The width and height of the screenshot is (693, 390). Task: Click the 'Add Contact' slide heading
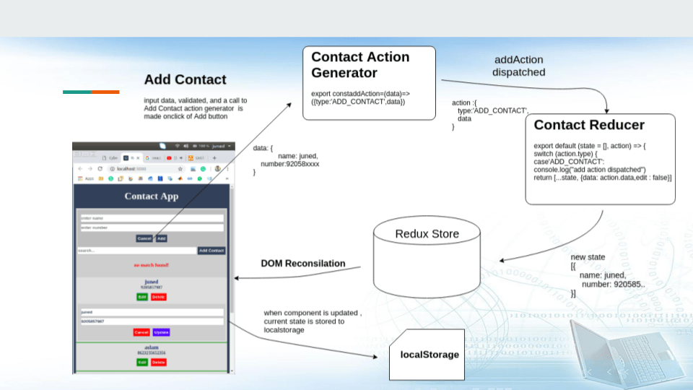coord(185,79)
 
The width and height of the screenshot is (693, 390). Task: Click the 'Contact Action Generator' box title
coord(360,64)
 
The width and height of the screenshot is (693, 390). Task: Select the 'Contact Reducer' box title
coord(589,125)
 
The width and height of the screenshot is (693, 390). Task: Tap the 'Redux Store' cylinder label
coord(427,234)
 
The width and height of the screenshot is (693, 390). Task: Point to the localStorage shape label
coord(430,355)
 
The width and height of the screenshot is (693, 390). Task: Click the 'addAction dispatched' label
coord(518,66)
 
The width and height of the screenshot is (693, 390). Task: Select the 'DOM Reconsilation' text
coord(302,264)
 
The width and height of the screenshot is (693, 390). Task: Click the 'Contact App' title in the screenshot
coord(151,196)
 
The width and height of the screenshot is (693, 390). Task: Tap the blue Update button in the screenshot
coord(161,332)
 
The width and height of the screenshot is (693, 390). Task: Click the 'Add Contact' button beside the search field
coord(212,251)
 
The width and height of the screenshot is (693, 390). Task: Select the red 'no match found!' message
coord(151,265)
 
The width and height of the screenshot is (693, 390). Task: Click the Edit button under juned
coord(142,297)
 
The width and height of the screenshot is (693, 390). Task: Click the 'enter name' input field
coord(151,217)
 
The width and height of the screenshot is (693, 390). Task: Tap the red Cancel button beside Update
coord(141,332)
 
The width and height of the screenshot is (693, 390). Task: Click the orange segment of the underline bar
coord(105,92)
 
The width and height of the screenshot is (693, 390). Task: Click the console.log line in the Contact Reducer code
coord(589,170)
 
